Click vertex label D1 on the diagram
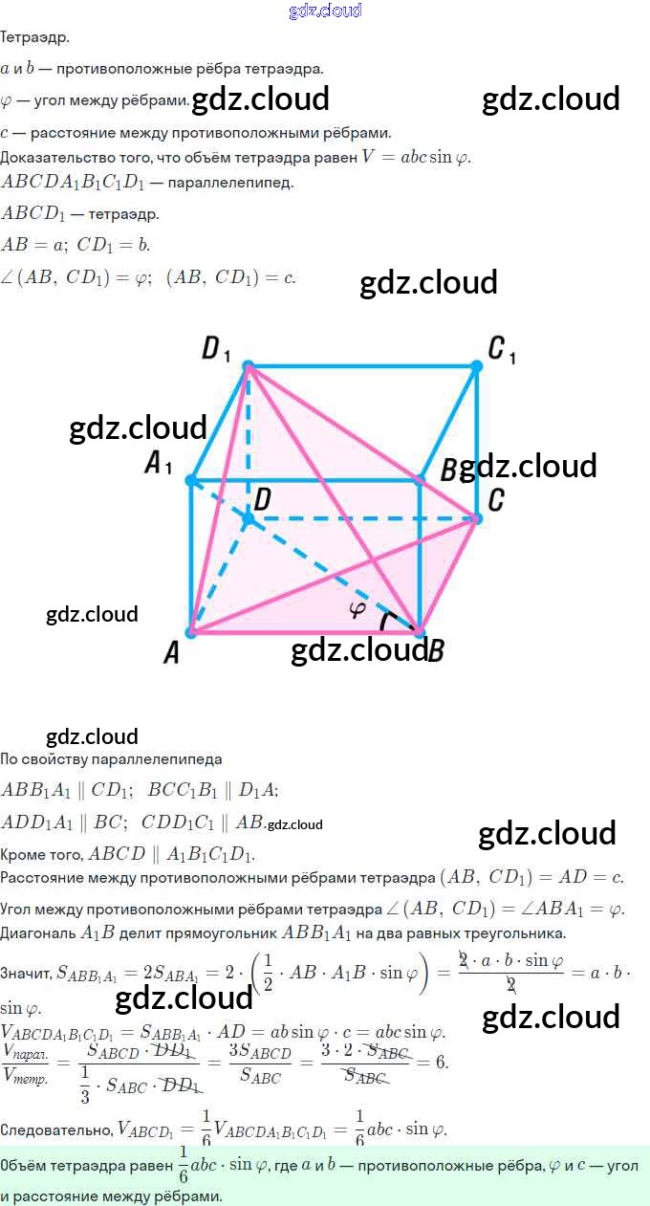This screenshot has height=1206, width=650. (x=216, y=349)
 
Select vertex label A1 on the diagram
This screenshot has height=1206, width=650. (x=158, y=465)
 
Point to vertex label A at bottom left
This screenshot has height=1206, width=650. (x=172, y=653)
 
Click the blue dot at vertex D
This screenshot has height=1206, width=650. (x=249, y=518)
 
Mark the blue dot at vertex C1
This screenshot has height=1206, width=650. (x=477, y=365)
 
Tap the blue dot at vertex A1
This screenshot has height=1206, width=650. (x=191, y=479)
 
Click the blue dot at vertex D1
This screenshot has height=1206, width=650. (x=249, y=366)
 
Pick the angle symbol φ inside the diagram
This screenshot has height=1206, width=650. (x=357, y=608)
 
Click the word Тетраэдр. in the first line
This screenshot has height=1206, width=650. (x=34, y=38)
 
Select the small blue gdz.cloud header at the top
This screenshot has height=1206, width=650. (x=325, y=11)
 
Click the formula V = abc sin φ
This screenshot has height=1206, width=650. (x=416, y=157)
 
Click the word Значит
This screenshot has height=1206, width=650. (x=26, y=974)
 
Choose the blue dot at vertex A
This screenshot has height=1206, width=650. (x=191, y=631)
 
